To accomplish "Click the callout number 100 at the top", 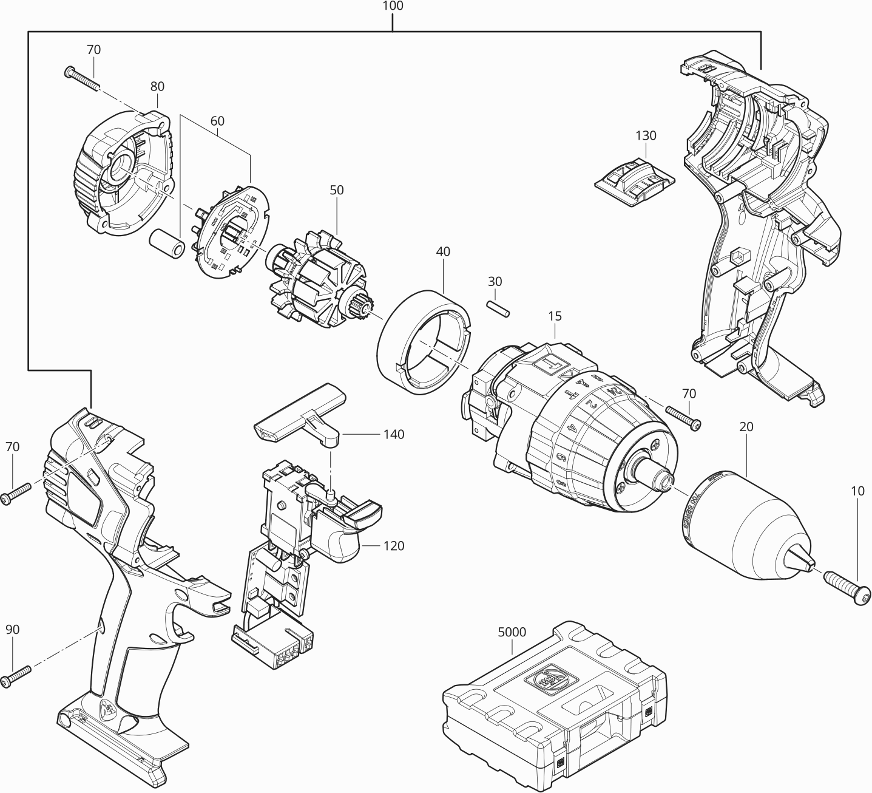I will click(x=393, y=7).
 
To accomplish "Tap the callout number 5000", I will click(x=512, y=631).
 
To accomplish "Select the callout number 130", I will click(x=646, y=135).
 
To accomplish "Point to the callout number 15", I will click(x=554, y=316).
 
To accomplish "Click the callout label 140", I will click(x=393, y=435).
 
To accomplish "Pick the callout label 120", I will click(x=393, y=546).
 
